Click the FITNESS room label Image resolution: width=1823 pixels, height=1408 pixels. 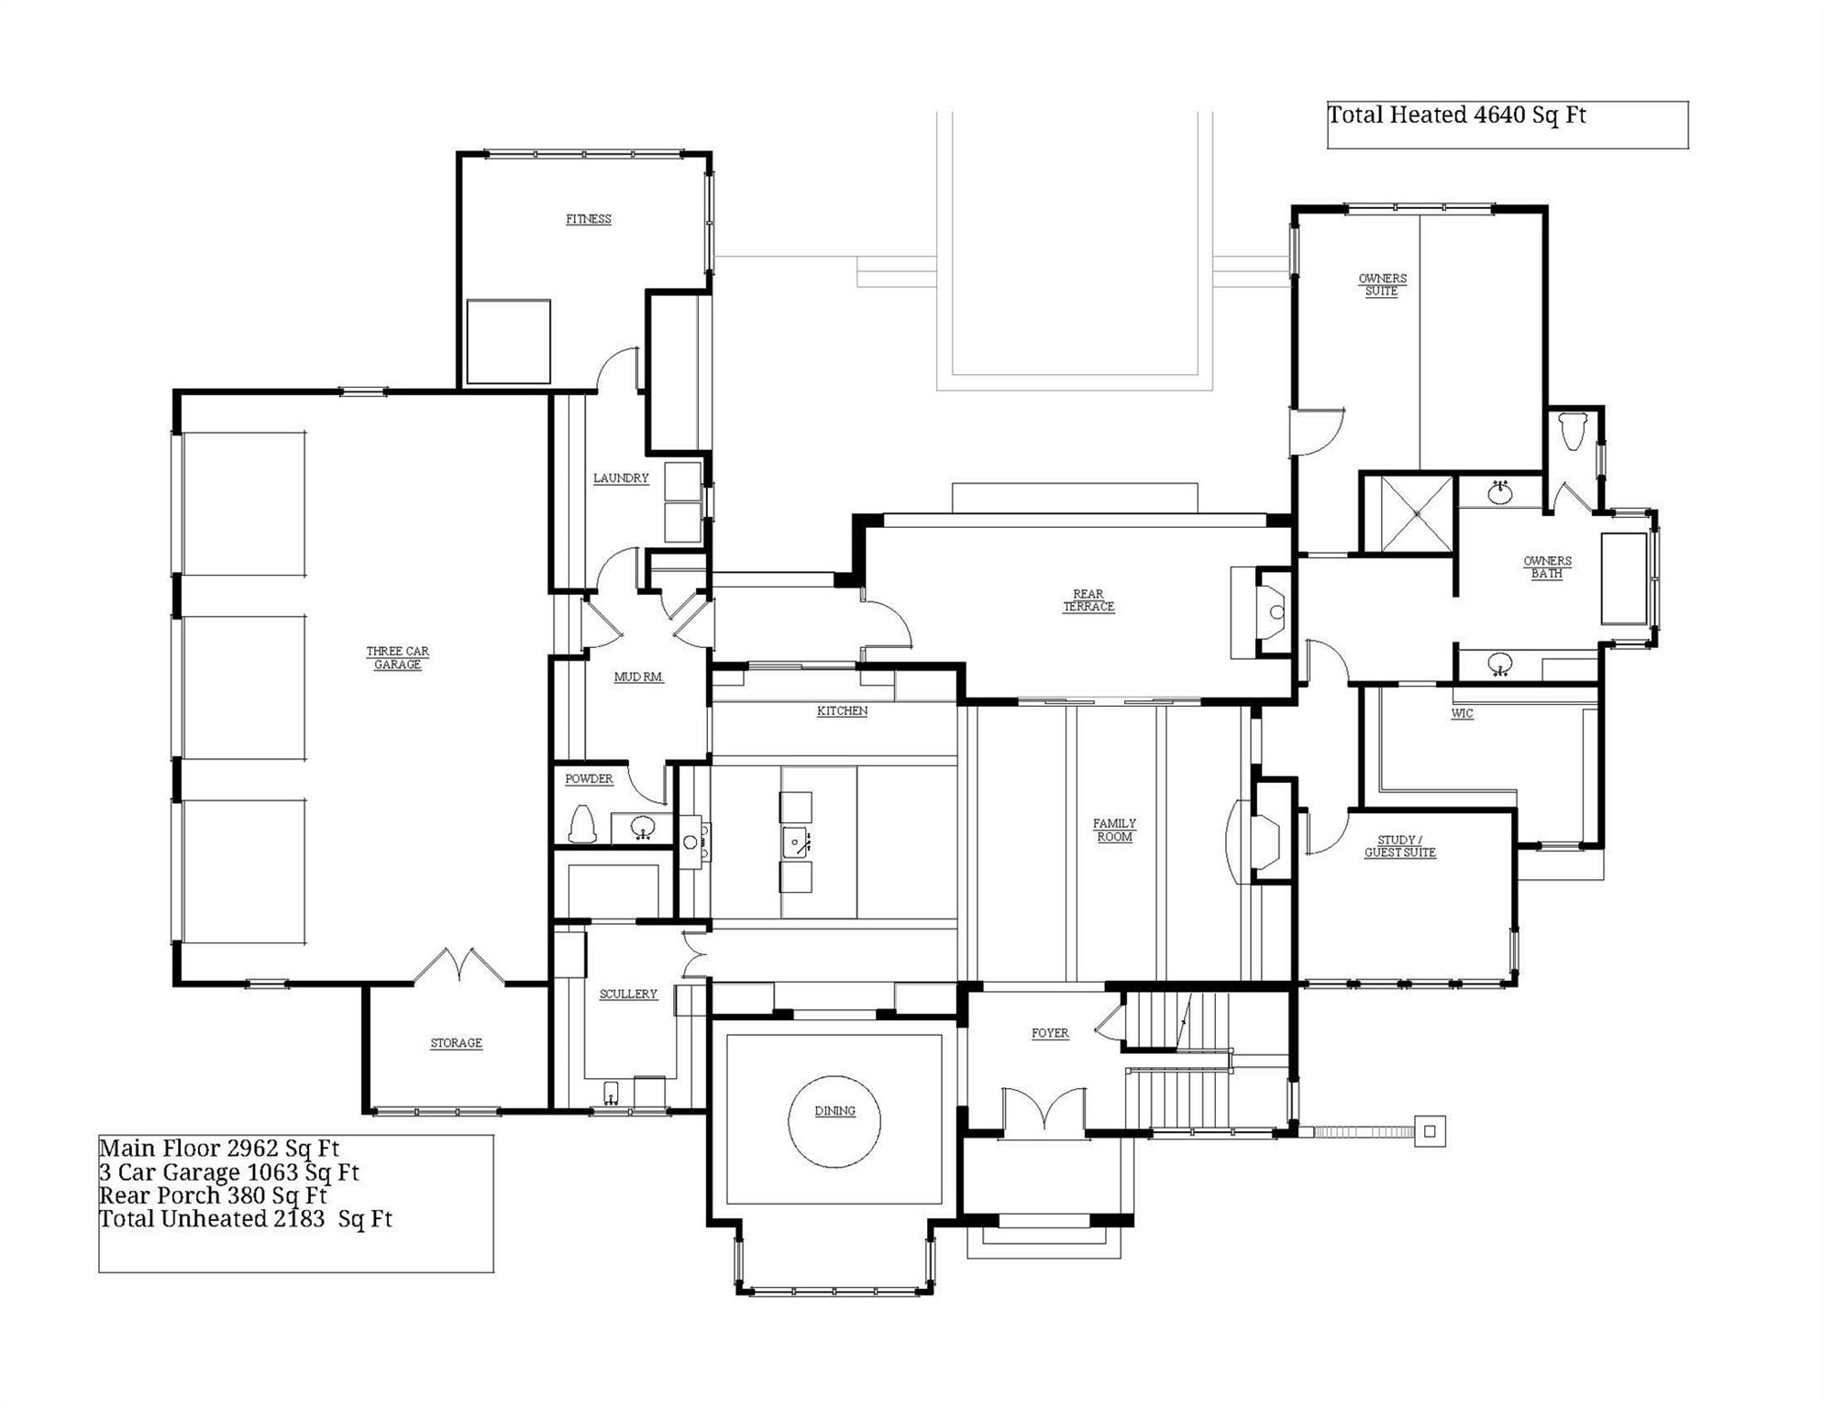click(x=588, y=219)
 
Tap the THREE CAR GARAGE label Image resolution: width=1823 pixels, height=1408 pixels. click(x=397, y=658)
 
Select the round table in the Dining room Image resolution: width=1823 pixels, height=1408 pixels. click(x=834, y=1122)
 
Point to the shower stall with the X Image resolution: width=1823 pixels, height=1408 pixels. click(x=1417, y=514)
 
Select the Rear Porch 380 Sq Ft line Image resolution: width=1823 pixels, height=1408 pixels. click(x=213, y=1196)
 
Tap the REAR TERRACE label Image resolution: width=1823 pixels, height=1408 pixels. click(x=1088, y=600)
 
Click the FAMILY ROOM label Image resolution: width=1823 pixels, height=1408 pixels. click(x=1114, y=830)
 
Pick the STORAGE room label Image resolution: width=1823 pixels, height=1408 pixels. click(x=456, y=1043)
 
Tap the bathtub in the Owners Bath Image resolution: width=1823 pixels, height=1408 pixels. click(x=1624, y=578)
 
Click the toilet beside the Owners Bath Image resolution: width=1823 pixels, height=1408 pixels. click(x=1572, y=430)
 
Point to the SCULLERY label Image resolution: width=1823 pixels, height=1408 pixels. click(x=628, y=994)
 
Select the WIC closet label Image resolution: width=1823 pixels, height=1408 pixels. click(x=1462, y=714)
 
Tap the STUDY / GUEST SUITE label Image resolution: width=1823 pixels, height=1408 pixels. click(x=1399, y=846)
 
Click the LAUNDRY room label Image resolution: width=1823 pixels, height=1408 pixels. click(x=621, y=478)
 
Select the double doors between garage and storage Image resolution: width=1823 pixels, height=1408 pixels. click(x=459, y=967)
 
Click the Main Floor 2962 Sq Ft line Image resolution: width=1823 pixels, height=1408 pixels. click(x=219, y=1149)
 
